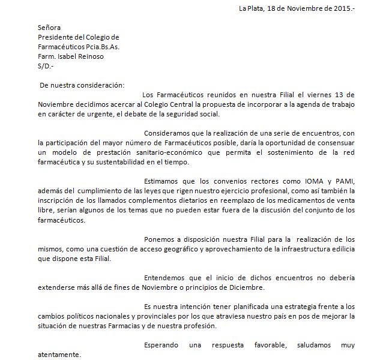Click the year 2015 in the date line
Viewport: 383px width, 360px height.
coord(340,8)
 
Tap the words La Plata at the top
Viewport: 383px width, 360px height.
coord(252,8)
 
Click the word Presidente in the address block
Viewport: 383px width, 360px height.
coord(56,37)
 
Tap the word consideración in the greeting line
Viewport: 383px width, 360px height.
coord(104,85)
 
